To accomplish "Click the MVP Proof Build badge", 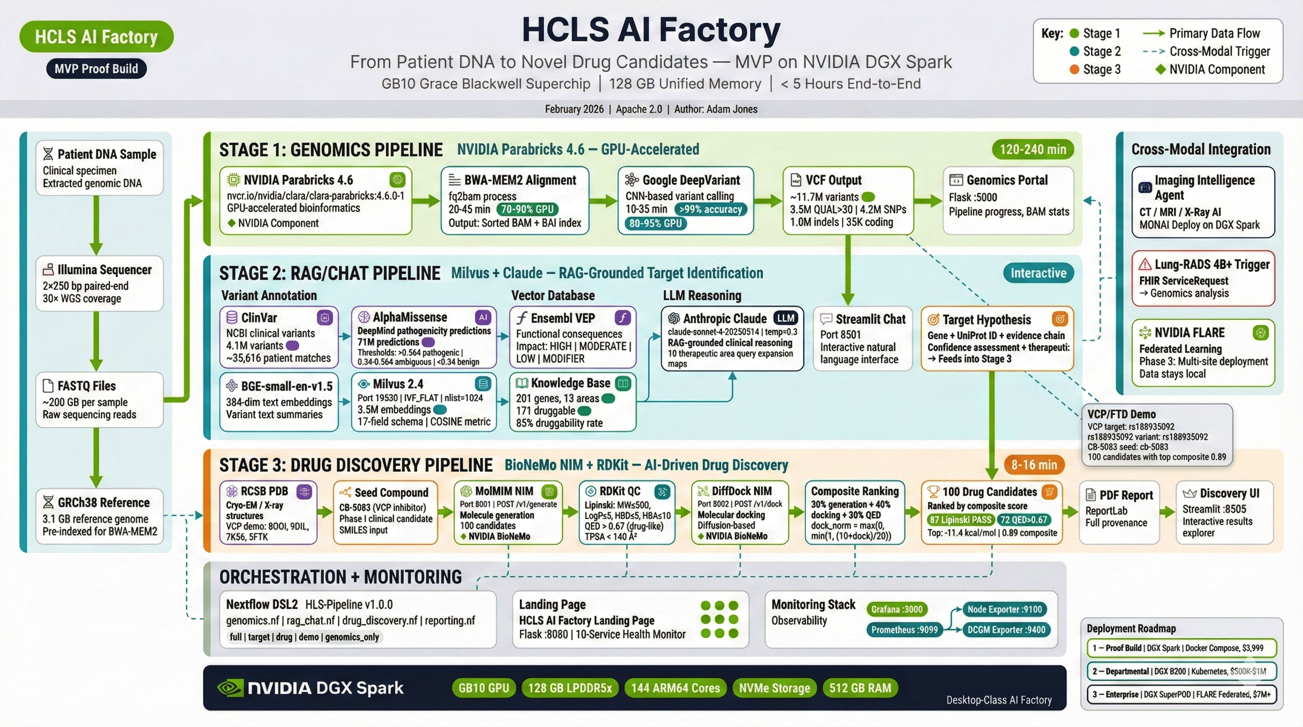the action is click(x=96, y=69).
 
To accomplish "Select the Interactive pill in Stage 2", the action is click(x=1038, y=273).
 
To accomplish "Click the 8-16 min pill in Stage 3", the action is click(x=1034, y=465).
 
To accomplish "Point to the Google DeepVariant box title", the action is click(x=691, y=180).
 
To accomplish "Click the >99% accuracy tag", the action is click(x=710, y=209).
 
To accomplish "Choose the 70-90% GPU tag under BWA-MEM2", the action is click(x=527, y=209).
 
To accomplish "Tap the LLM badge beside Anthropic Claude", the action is click(x=785, y=318).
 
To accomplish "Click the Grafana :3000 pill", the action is click(x=896, y=609).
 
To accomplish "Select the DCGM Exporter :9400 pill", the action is click(x=1006, y=629).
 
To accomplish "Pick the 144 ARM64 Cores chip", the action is click(x=675, y=688).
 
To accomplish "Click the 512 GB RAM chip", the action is click(x=860, y=688).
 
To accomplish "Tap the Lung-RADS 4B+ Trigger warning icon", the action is click(x=1145, y=265).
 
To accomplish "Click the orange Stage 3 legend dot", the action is click(x=1074, y=70).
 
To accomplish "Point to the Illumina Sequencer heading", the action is click(x=104, y=270).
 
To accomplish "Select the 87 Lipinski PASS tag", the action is click(x=960, y=520).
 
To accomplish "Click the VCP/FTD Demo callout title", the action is click(x=1121, y=414).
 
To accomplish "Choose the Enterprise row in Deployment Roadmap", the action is click(x=1181, y=694).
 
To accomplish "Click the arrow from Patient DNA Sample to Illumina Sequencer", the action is click(x=96, y=225).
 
